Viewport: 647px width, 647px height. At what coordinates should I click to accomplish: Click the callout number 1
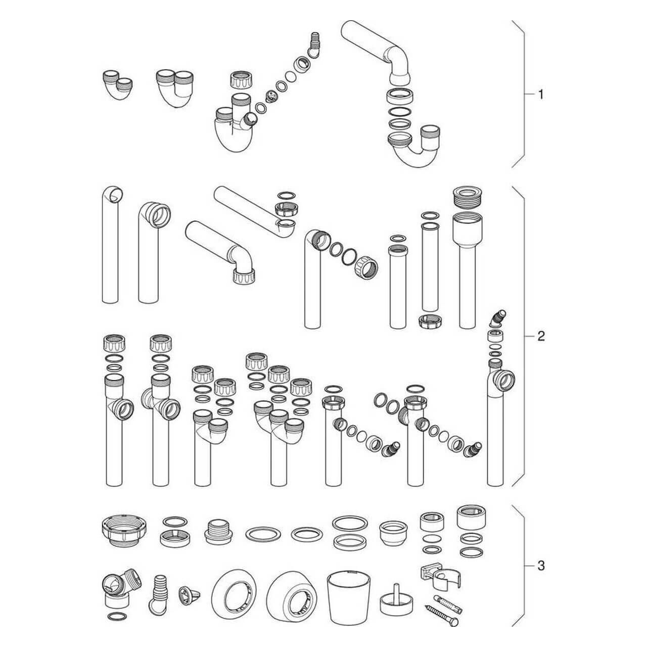(x=540, y=95)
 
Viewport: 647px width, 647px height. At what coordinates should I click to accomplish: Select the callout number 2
(x=541, y=336)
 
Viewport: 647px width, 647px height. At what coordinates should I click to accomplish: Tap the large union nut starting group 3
(x=124, y=531)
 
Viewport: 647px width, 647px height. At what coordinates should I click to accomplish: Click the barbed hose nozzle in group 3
(x=158, y=594)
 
